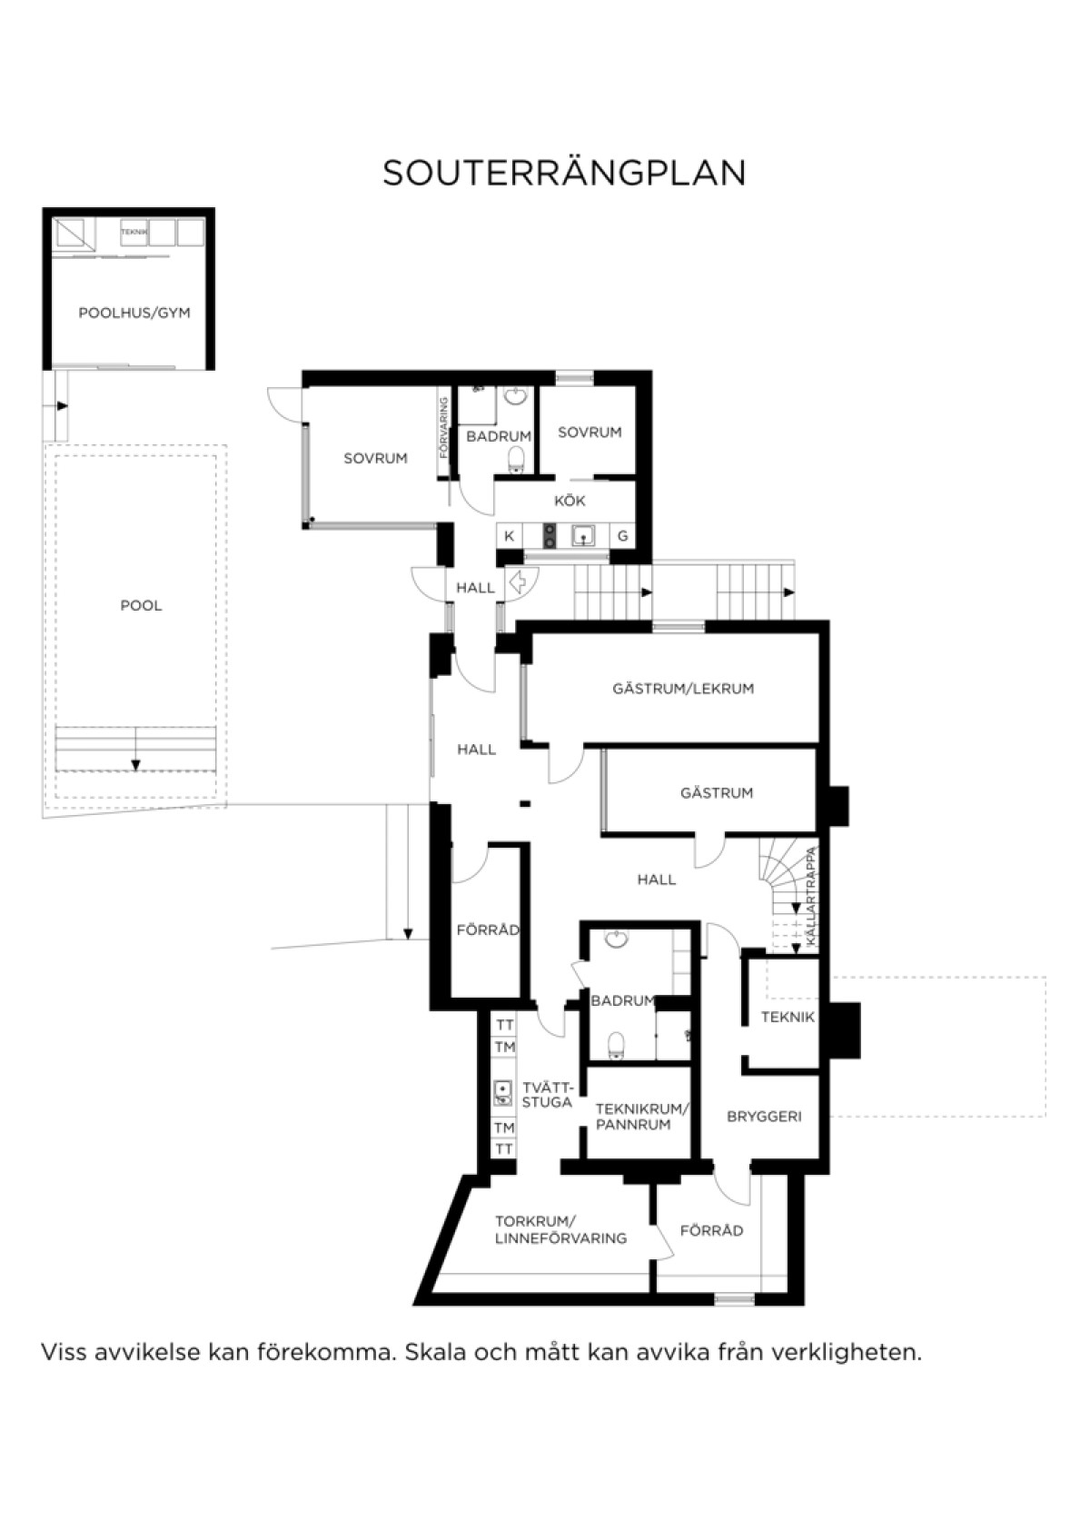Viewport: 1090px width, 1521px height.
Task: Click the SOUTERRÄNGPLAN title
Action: coord(564,173)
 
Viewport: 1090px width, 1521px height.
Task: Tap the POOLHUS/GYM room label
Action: coord(134,313)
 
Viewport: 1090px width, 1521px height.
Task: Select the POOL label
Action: coord(141,605)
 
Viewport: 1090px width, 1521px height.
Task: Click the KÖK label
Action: coord(570,501)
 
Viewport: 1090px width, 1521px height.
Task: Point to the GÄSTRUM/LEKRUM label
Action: coord(683,689)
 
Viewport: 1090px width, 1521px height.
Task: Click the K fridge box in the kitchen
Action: coord(509,536)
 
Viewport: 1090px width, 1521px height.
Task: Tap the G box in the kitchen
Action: coord(622,536)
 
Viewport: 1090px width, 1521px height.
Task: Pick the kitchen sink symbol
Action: coord(583,536)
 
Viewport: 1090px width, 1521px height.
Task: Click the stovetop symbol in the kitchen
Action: coord(549,536)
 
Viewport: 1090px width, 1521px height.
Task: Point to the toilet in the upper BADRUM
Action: coord(517,459)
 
